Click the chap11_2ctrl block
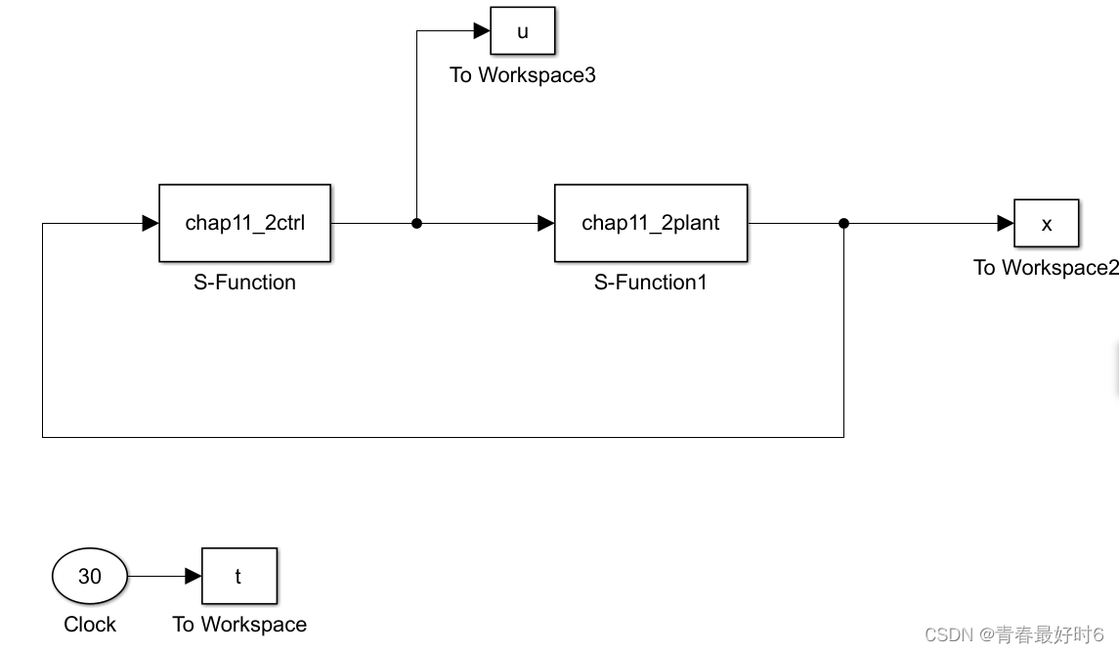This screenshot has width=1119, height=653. (245, 223)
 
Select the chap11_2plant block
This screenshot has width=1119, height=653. (650, 223)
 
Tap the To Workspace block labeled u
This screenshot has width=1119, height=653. (522, 31)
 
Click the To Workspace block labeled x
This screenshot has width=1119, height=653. (1046, 224)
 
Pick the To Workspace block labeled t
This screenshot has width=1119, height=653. (238, 577)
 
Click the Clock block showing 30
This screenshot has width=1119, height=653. (90, 577)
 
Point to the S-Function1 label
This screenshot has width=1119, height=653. (650, 283)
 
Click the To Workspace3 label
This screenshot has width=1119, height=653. (522, 75)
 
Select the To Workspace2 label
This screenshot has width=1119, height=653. (1045, 268)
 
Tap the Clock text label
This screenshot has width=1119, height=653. (90, 625)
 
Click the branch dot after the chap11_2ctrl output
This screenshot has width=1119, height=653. (416, 224)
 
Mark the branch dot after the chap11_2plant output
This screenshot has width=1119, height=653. (843, 224)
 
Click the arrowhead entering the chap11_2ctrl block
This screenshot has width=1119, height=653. (151, 224)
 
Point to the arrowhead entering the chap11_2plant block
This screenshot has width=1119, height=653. (545, 224)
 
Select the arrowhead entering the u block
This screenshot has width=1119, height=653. (482, 31)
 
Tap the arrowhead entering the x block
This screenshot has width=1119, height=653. (1005, 224)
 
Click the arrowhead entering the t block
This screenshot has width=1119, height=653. (194, 577)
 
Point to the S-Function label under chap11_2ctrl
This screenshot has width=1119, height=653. (244, 283)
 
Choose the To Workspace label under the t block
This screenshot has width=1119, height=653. (239, 625)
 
